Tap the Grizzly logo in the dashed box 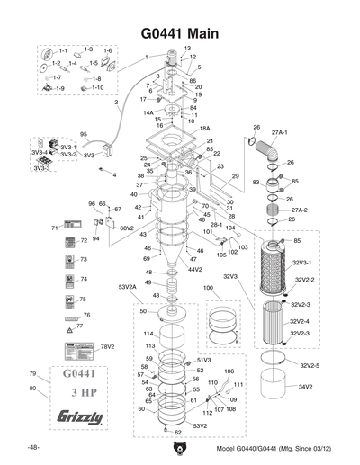[80, 417]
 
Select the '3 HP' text [79, 393]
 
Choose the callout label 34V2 [306, 387]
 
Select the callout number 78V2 [107, 346]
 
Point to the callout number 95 [83, 134]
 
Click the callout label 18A [204, 129]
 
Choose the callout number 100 [209, 288]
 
